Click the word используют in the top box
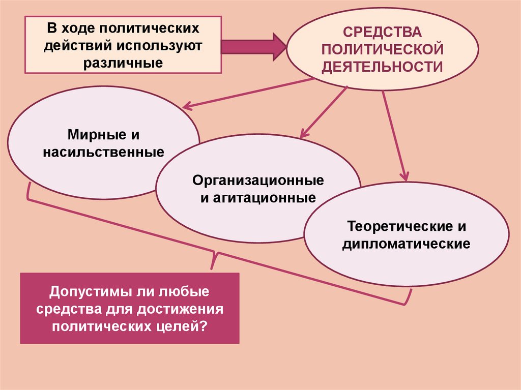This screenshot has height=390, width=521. point(161,46)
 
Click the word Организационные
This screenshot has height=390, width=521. point(258,181)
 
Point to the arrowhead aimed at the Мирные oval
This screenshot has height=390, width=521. point(187,105)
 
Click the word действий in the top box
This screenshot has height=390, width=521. point(80,46)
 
